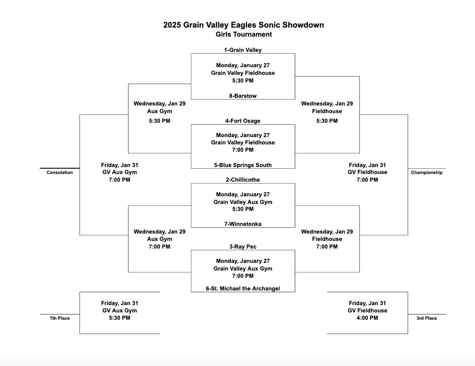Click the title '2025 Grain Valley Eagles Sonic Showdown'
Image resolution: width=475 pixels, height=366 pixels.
[x=243, y=25]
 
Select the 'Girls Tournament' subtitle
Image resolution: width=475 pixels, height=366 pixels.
[x=243, y=34]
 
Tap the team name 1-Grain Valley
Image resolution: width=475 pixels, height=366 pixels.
[x=243, y=50]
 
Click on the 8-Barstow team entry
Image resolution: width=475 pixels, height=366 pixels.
[x=243, y=96]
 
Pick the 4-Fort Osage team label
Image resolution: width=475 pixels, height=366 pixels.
[x=243, y=121]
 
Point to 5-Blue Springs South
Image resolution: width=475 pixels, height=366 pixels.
[x=243, y=165]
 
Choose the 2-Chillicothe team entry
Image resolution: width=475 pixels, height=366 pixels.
[x=243, y=180]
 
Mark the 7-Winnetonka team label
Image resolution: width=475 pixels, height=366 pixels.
[x=243, y=224]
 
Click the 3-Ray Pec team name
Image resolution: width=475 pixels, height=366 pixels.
[x=243, y=247]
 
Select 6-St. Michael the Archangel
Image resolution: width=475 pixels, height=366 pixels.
[x=243, y=289]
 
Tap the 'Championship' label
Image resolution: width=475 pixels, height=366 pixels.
[x=427, y=173]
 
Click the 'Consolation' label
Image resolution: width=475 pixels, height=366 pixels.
[x=60, y=173]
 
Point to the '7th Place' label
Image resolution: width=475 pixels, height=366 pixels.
[x=60, y=318]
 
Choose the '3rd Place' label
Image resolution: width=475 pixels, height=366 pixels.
[x=427, y=318]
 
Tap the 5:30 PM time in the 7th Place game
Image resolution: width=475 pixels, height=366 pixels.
[x=120, y=318]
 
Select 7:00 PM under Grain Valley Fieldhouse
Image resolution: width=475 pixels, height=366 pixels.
[x=243, y=150]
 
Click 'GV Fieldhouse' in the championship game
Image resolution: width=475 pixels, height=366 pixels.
[x=367, y=172]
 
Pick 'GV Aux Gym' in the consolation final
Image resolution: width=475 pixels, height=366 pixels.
[x=120, y=172]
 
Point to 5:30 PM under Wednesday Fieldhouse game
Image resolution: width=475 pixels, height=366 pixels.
[x=327, y=121]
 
